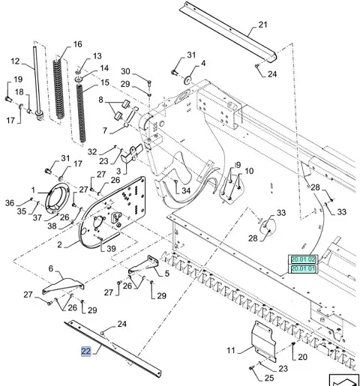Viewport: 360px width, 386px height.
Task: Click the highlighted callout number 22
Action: click(x=85, y=352)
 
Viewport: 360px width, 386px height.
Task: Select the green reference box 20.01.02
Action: click(x=303, y=259)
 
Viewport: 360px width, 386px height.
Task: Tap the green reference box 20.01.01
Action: click(x=303, y=269)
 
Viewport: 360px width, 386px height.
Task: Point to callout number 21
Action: click(x=262, y=25)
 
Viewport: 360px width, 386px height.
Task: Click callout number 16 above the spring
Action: click(x=78, y=44)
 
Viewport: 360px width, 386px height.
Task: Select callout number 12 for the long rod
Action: click(x=15, y=61)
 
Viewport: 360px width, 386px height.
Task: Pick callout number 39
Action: click(x=111, y=248)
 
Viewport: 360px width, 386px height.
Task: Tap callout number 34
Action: click(x=186, y=190)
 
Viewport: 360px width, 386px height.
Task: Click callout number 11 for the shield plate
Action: click(x=231, y=350)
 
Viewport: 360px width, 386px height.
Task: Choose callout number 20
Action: click(x=302, y=357)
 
